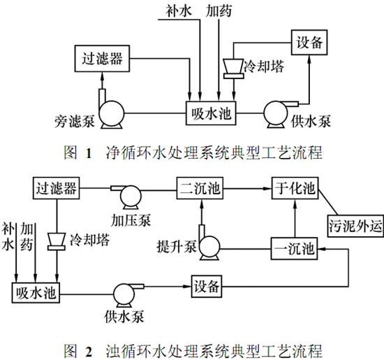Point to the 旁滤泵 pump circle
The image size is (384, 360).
(110, 112)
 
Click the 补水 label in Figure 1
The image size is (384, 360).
(176, 12)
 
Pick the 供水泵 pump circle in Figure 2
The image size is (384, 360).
(126, 291)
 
